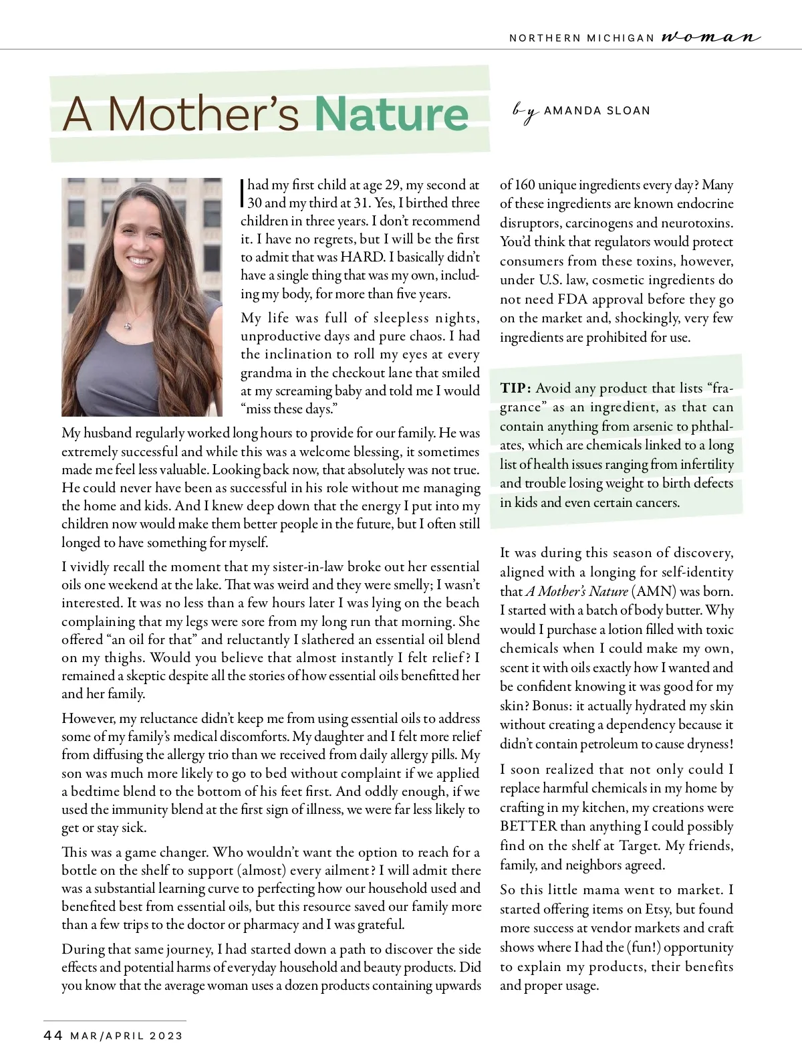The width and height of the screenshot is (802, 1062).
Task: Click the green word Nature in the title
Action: point(392,114)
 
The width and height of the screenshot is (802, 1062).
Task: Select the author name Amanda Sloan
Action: point(597,111)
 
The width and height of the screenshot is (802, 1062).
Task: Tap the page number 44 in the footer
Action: point(53,1036)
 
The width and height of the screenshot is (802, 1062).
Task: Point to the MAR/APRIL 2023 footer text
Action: point(126,1036)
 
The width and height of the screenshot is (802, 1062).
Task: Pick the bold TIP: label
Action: point(515,389)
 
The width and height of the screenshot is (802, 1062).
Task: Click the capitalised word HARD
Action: point(362,257)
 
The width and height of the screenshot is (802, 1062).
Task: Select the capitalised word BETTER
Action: point(528,827)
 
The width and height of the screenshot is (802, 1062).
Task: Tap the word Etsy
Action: point(657,910)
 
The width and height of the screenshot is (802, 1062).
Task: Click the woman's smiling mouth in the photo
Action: point(140,260)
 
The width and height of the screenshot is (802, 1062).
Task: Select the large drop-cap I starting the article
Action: point(242,193)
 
